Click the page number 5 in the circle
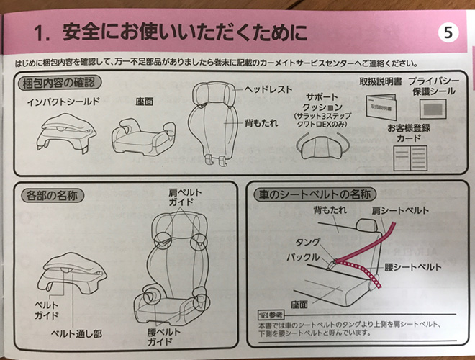point(447,32)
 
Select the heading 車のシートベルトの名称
point(314,195)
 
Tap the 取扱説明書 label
point(379,81)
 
